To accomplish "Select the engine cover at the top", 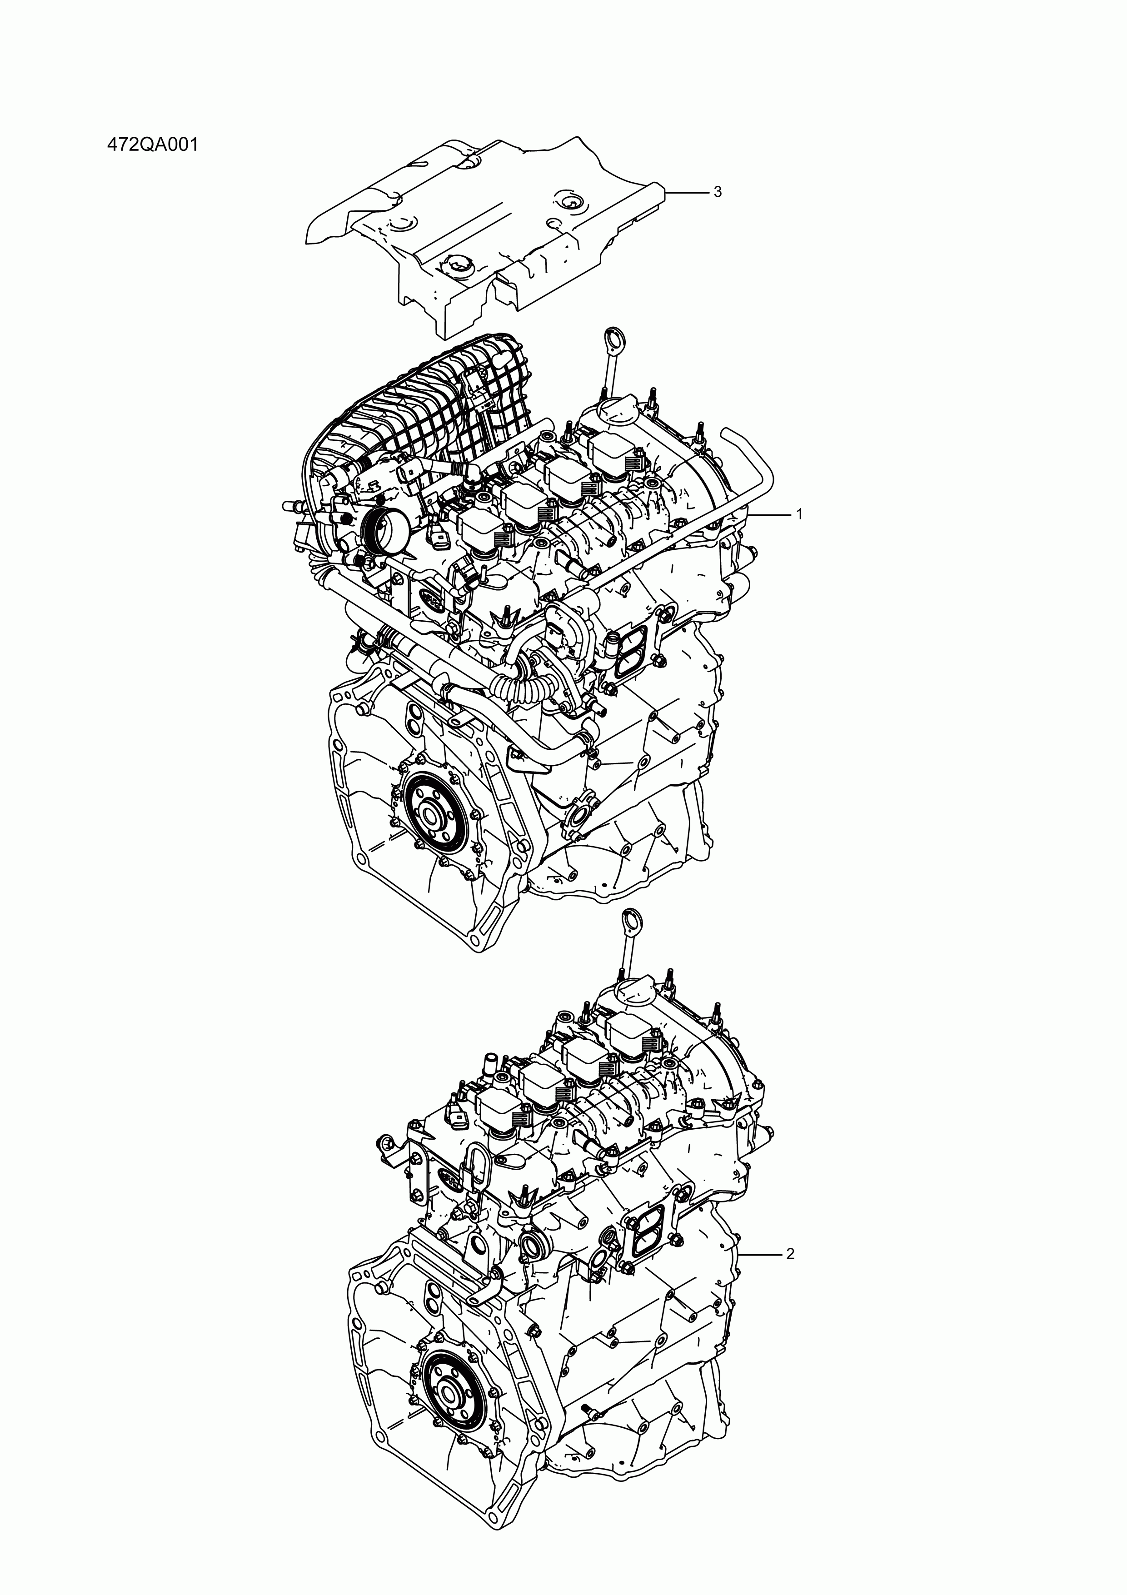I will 486,222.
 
